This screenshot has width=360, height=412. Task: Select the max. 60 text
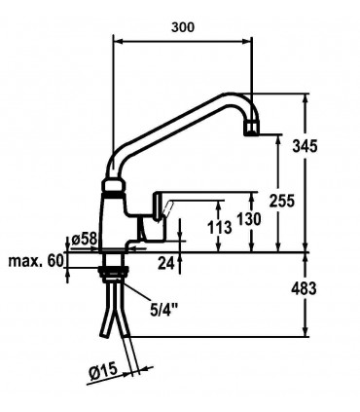(x=35, y=261)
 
